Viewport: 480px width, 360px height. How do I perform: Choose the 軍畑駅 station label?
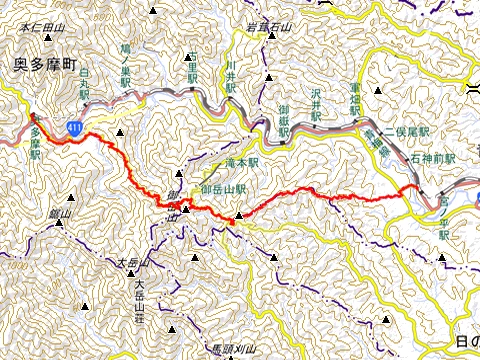[355, 98]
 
